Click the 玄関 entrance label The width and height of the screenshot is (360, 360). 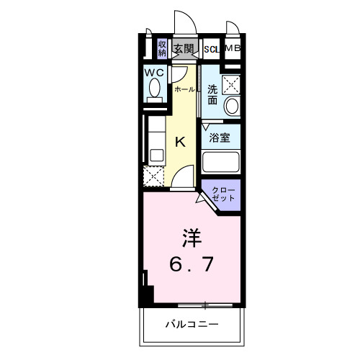point(184,48)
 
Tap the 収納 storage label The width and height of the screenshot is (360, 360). point(162,48)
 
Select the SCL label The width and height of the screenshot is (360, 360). point(212,49)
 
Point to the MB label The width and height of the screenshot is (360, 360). point(233,48)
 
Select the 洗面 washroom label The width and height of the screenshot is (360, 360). point(212,95)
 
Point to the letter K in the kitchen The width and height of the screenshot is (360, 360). point(181,141)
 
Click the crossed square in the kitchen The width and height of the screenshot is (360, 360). point(154,176)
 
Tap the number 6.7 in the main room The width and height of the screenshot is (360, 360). point(191,265)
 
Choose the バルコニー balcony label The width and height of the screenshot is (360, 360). point(190,324)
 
